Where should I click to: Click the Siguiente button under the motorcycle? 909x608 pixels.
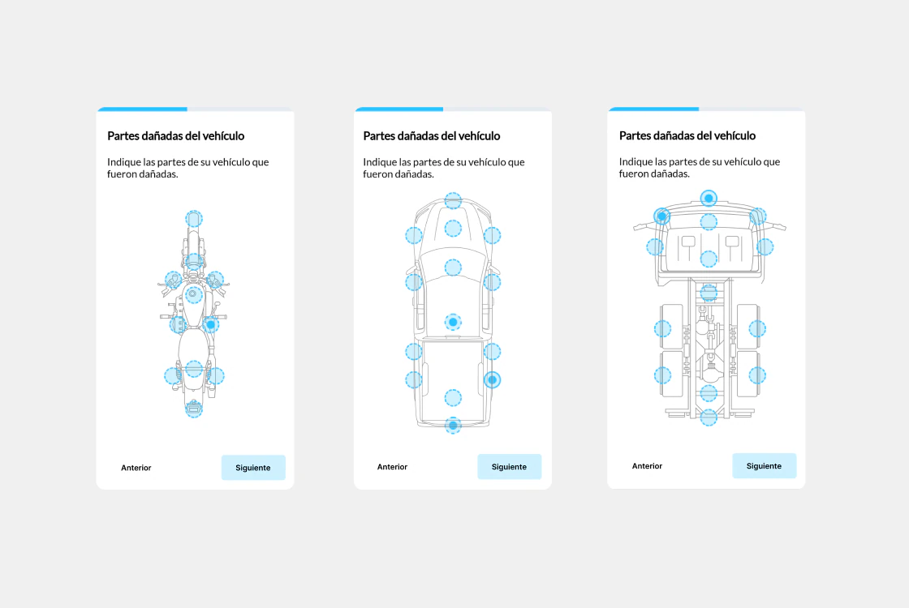253,467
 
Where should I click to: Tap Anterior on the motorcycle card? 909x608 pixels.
136,468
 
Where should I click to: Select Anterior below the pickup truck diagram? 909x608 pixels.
393,467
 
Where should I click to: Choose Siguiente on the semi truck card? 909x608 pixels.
764,465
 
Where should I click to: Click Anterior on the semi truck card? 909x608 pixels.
647,466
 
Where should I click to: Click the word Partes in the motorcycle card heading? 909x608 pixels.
123,136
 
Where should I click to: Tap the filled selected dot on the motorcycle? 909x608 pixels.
211,324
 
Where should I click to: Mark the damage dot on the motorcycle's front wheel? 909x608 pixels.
194,219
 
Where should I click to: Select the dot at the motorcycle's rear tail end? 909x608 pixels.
194,409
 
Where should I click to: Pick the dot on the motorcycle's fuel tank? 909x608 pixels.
194,295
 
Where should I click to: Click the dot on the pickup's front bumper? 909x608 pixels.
453,201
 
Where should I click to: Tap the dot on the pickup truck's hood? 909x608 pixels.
453,228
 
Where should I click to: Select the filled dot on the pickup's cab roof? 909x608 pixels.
453,322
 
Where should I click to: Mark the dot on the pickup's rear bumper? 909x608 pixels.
453,425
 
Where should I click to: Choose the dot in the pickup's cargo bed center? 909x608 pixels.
453,398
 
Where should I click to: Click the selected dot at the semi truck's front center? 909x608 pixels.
709,198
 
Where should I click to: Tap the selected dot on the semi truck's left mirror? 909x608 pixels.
662,216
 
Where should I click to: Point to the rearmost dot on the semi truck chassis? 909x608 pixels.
709,417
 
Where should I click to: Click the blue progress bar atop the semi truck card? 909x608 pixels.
654,109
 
